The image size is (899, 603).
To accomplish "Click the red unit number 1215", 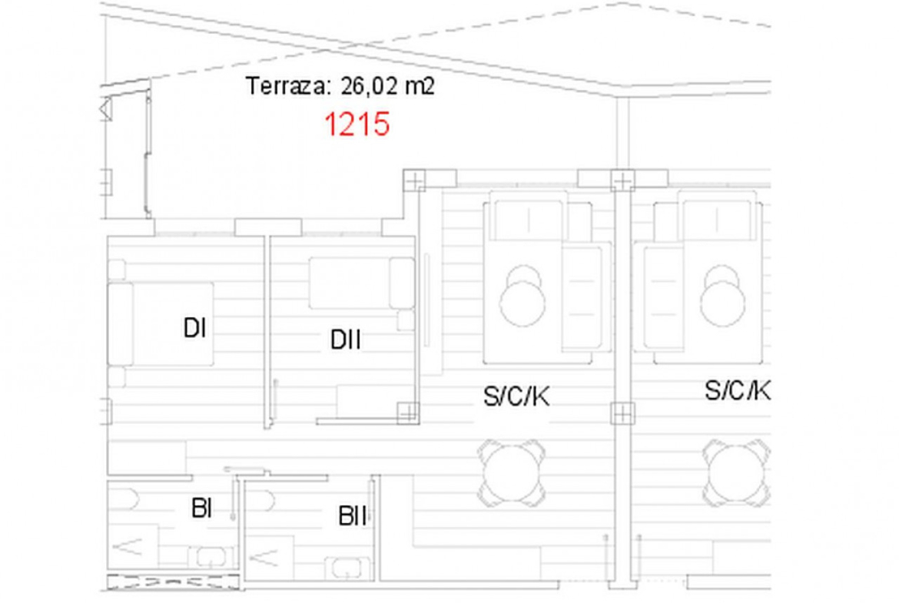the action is tap(357, 124).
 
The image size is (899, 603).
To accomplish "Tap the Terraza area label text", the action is tap(340, 86).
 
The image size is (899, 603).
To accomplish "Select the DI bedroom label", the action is tap(194, 328).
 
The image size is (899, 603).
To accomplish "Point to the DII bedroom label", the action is tap(345, 340).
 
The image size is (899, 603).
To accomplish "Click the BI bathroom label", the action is tap(201, 508).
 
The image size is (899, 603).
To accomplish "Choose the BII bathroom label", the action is tap(353, 516).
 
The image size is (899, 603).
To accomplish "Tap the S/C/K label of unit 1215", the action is tap(516, 396).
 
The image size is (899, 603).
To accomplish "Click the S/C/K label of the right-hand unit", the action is tap(738, 391).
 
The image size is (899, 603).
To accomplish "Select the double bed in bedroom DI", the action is tap(161, 324).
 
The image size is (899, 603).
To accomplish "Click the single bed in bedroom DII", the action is tap(361, 283).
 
